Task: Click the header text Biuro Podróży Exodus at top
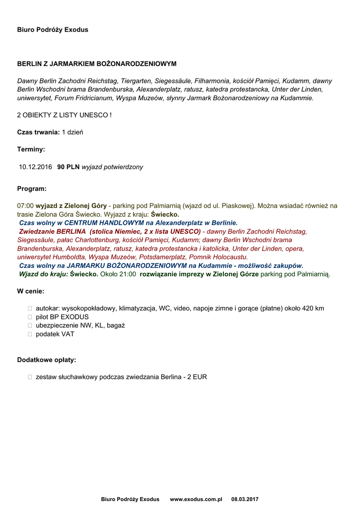click(x=53, y=30)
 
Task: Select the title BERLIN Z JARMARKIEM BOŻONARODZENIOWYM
click(x=97, y=64)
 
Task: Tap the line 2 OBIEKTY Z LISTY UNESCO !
click(x=65, y=115)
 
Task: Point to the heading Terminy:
click(x=31, y=149)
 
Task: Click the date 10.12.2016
click(x=35, y=167)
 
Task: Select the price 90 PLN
click(x=69, y=167)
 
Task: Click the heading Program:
click(x=32, y=189)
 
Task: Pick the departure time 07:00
click(x=25, y=205)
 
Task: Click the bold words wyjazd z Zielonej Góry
click(x=71, y=205)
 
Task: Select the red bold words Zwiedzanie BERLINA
click(x=53, y=232)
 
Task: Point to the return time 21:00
click(x=128, y=274)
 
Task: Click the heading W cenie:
click(x=31, y=291)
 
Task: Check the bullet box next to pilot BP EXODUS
click(x=30, y=317)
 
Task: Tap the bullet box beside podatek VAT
click(x=30, y=334)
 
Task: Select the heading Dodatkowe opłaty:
click(x=47, y=360)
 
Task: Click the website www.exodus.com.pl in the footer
click(x=196, y=499)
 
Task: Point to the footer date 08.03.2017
click(x=245, y=499)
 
